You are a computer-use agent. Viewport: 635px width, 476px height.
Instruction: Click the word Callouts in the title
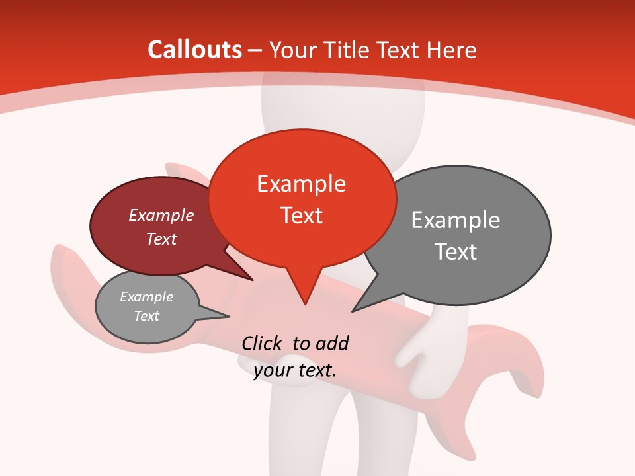(x=194, y=50)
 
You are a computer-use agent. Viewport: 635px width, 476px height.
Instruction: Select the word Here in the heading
(x=452, y=50)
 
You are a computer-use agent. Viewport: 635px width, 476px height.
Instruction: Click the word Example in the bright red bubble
(x=301, y=184)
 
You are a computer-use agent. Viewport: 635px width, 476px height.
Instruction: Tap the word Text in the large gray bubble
(x=456, y=252)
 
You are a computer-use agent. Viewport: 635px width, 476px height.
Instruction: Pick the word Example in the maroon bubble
(x=161, y=215)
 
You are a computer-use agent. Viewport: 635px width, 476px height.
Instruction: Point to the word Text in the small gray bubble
(x=147, y=316)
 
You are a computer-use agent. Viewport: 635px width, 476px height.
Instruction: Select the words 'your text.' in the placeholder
(x=295, y=371)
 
